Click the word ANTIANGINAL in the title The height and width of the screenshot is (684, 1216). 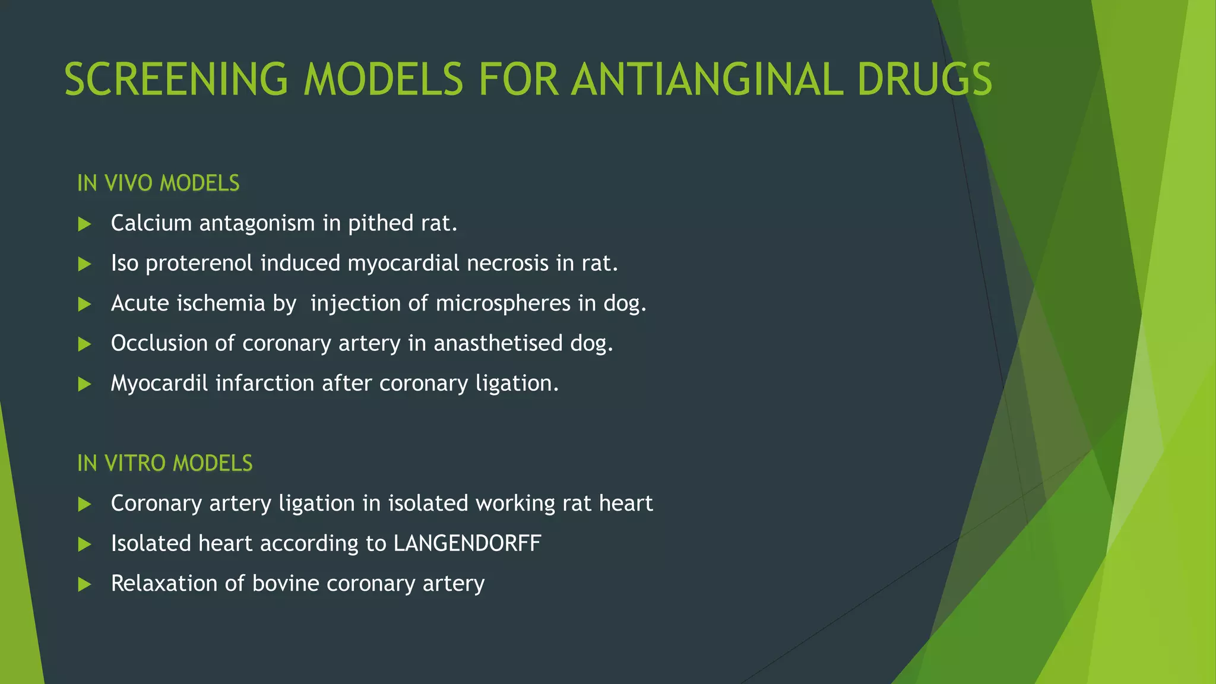[x=707, y=80]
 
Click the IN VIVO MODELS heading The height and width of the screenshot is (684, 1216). [x=159, y=183]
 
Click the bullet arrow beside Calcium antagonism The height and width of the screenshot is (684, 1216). [x=85, y=224]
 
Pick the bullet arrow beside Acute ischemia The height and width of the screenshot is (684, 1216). [x=85, y=305]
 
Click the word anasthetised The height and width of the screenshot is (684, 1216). [x=498, y=343]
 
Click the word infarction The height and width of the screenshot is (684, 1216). [x=265, y=384]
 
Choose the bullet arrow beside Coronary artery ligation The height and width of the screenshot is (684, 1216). [x=85, y=505]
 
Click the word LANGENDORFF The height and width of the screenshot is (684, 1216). [x=467, y=544]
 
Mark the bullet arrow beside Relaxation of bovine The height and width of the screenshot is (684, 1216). [x=85, y=585]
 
